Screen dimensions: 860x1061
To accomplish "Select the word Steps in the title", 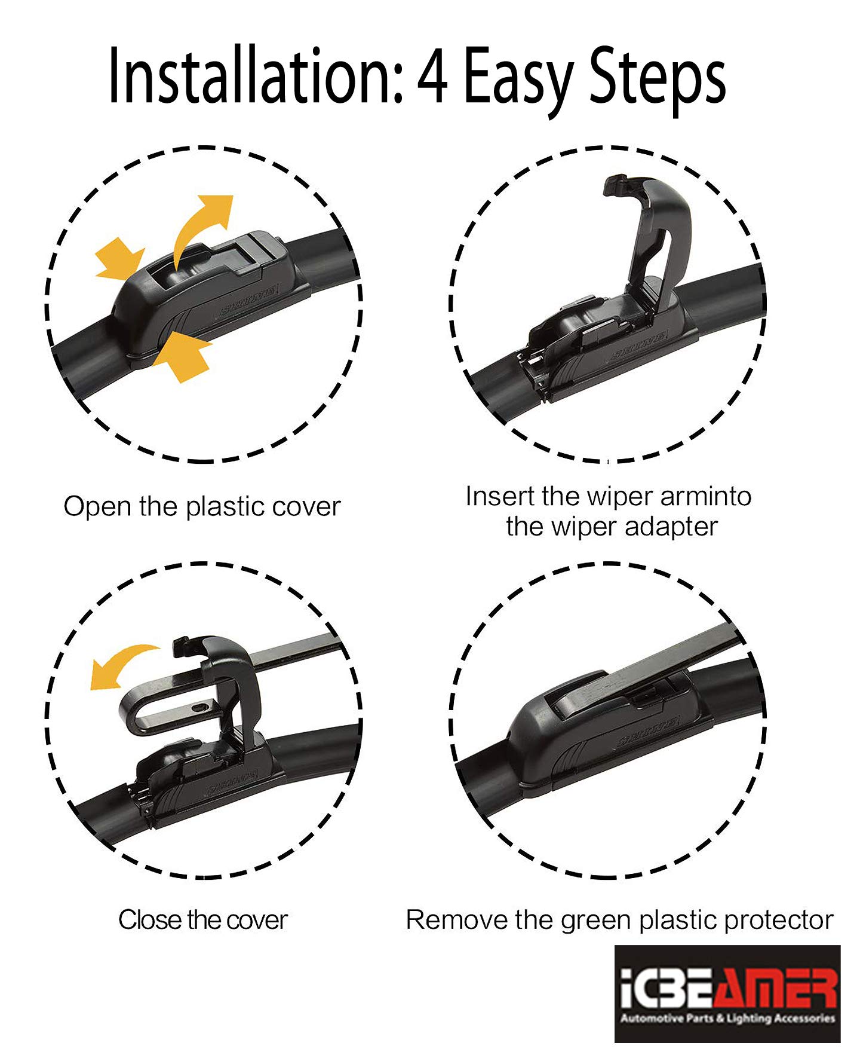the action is (658, 81).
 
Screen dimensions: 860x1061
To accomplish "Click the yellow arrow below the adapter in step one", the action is (182, 356).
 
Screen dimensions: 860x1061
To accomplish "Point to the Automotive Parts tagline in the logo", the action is (727, 1018).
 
